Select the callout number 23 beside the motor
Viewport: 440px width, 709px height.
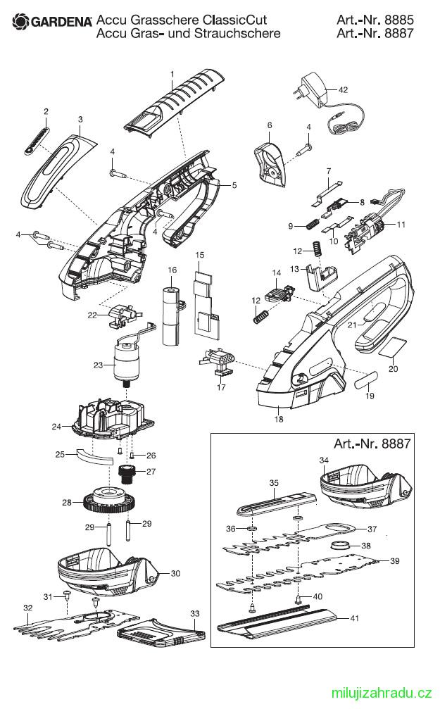point(98,365)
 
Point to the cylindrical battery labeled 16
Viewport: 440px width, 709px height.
point(171,315)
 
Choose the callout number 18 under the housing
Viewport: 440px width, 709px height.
point(279,419)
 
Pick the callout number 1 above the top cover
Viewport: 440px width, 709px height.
point(171,73)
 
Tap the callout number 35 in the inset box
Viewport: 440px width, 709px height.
point(274,482)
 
